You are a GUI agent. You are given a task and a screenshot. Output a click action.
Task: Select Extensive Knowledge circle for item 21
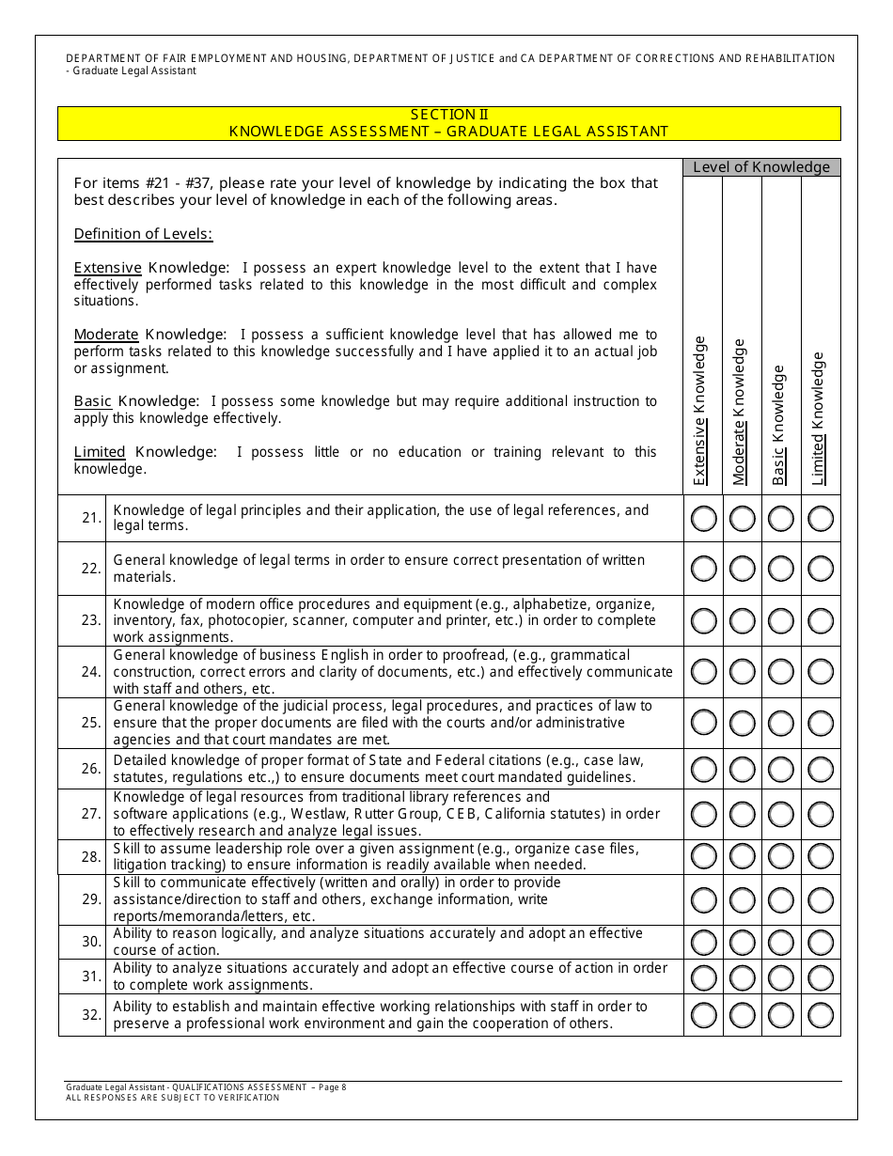tap(703, 518)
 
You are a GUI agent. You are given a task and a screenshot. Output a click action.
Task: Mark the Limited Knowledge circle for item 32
tap(821, 1015)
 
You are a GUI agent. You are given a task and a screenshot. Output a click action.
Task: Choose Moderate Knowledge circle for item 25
tap(743, 723)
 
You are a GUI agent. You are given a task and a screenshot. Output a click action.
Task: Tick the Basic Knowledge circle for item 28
tap(782, 856)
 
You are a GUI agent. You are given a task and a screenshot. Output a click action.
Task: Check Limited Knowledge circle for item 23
tap(821, 620)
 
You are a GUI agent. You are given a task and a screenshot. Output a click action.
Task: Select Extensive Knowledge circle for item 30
tap(703, 942)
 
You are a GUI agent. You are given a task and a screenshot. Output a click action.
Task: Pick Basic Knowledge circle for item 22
tap(782, 569)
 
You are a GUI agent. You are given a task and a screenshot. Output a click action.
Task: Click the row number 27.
tap(91, 814)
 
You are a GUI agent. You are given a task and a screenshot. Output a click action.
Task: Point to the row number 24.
tap(91, 672)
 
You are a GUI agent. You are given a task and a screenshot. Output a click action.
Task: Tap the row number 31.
tap(91, 976)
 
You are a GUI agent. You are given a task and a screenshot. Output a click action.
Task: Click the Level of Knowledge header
tap(761, 167)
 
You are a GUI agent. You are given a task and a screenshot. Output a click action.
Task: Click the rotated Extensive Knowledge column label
tap(700, 411)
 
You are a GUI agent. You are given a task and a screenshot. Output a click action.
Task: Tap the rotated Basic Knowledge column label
tap(778, 425)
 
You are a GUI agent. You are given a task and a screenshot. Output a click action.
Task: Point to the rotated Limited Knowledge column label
tap(818, 418)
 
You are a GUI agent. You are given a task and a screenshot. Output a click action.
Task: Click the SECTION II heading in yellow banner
tap(448, 115)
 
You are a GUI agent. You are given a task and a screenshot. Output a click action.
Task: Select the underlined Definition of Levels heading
tap(143, 234)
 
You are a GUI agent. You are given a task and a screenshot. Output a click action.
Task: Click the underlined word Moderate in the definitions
tap(106, 335)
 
